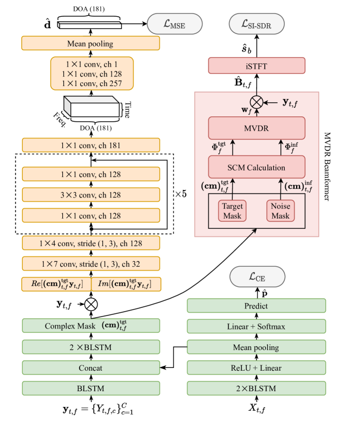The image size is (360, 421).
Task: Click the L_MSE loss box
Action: [x=175, y=24]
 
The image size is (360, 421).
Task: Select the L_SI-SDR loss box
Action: [x=257, y=24]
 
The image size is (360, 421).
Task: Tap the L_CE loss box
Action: [x=257, y=277]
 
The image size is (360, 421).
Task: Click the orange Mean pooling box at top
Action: [x=91, y=43]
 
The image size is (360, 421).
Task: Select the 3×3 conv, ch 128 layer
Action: [x=91, y=194]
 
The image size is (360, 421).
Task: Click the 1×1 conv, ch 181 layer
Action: [x=91, y=144]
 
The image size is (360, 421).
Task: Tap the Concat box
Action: [x=91, y=368]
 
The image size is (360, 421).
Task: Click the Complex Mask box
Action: [x=91, y=326]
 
